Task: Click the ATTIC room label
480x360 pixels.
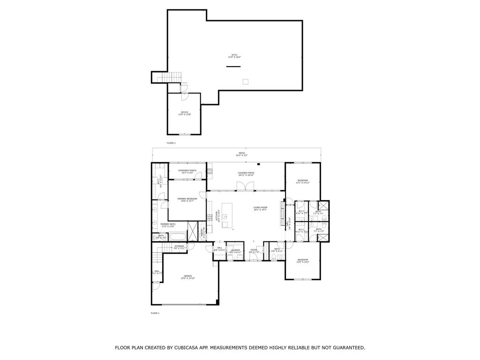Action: [233, 56]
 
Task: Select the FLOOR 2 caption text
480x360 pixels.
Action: [171, 143]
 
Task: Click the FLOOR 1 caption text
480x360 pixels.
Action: [155, 313]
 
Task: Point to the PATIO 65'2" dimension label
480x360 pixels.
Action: [242, 154]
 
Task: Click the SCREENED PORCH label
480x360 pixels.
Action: [187, 172]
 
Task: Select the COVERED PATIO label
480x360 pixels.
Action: [246, 174]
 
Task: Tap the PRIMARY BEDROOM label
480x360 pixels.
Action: [187, 200]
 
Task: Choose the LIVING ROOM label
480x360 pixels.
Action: [260, 209]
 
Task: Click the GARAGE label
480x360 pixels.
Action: [187, 277]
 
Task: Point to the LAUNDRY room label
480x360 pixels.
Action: [235, 251]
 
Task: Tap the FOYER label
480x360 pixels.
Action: [253, 251]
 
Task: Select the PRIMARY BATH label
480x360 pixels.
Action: [168, 225]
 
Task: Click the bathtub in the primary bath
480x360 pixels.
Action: [178, 236]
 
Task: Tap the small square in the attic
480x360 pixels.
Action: [245, 82]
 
